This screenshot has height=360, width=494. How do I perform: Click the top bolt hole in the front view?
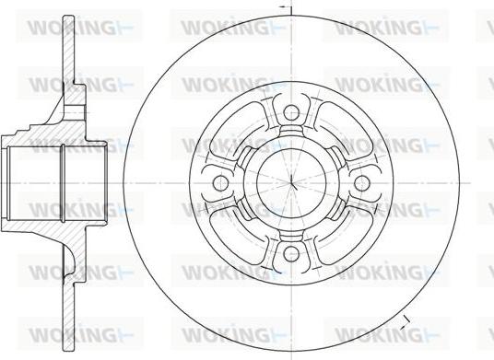pos(291,113)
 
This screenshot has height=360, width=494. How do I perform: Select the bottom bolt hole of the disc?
pos(291,253)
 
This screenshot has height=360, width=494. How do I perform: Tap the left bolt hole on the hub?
pos(221,183)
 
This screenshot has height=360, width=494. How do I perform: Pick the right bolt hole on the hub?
pos(361,183)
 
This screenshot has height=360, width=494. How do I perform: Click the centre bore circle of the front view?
pos(292,183)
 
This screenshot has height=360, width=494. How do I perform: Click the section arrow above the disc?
pos(286,6)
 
